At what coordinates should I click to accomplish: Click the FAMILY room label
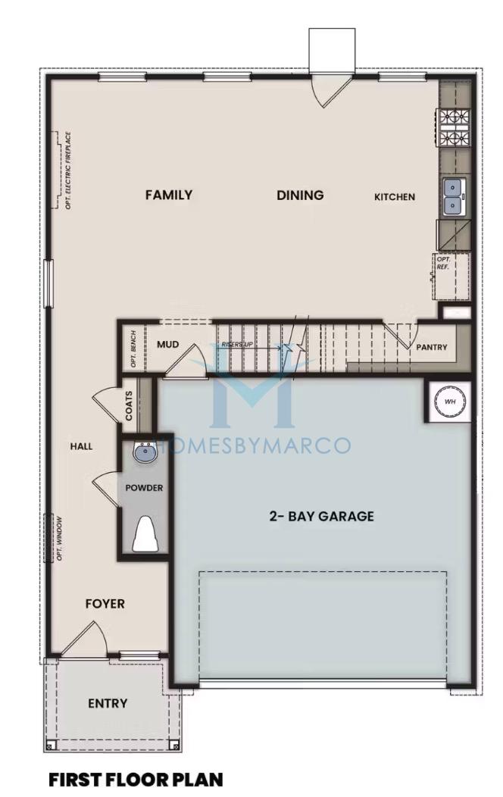point(169,195)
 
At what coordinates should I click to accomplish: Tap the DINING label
point(300,195)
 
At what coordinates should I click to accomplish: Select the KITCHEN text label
point(395,197)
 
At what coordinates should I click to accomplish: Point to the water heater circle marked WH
point(450,402)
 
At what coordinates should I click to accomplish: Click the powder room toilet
point(145,533)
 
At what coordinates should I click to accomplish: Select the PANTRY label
point(431,347)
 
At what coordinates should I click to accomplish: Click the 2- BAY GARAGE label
point(322,517)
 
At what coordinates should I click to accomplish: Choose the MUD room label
point(167,344)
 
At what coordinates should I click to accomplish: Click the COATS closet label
point(129,405)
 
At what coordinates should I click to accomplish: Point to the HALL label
point(81,446)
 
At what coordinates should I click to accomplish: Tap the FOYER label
point(105,603)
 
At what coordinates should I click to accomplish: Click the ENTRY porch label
point(108,704)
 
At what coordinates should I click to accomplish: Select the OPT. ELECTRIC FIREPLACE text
point(68,170)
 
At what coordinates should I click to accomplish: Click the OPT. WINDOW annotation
point(59,539)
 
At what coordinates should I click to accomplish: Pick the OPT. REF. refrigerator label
point(444,263)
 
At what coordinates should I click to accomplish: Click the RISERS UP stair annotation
point(237,345)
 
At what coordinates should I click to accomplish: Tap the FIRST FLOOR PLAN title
point(136,780)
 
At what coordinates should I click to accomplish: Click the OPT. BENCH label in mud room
point(133,349)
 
